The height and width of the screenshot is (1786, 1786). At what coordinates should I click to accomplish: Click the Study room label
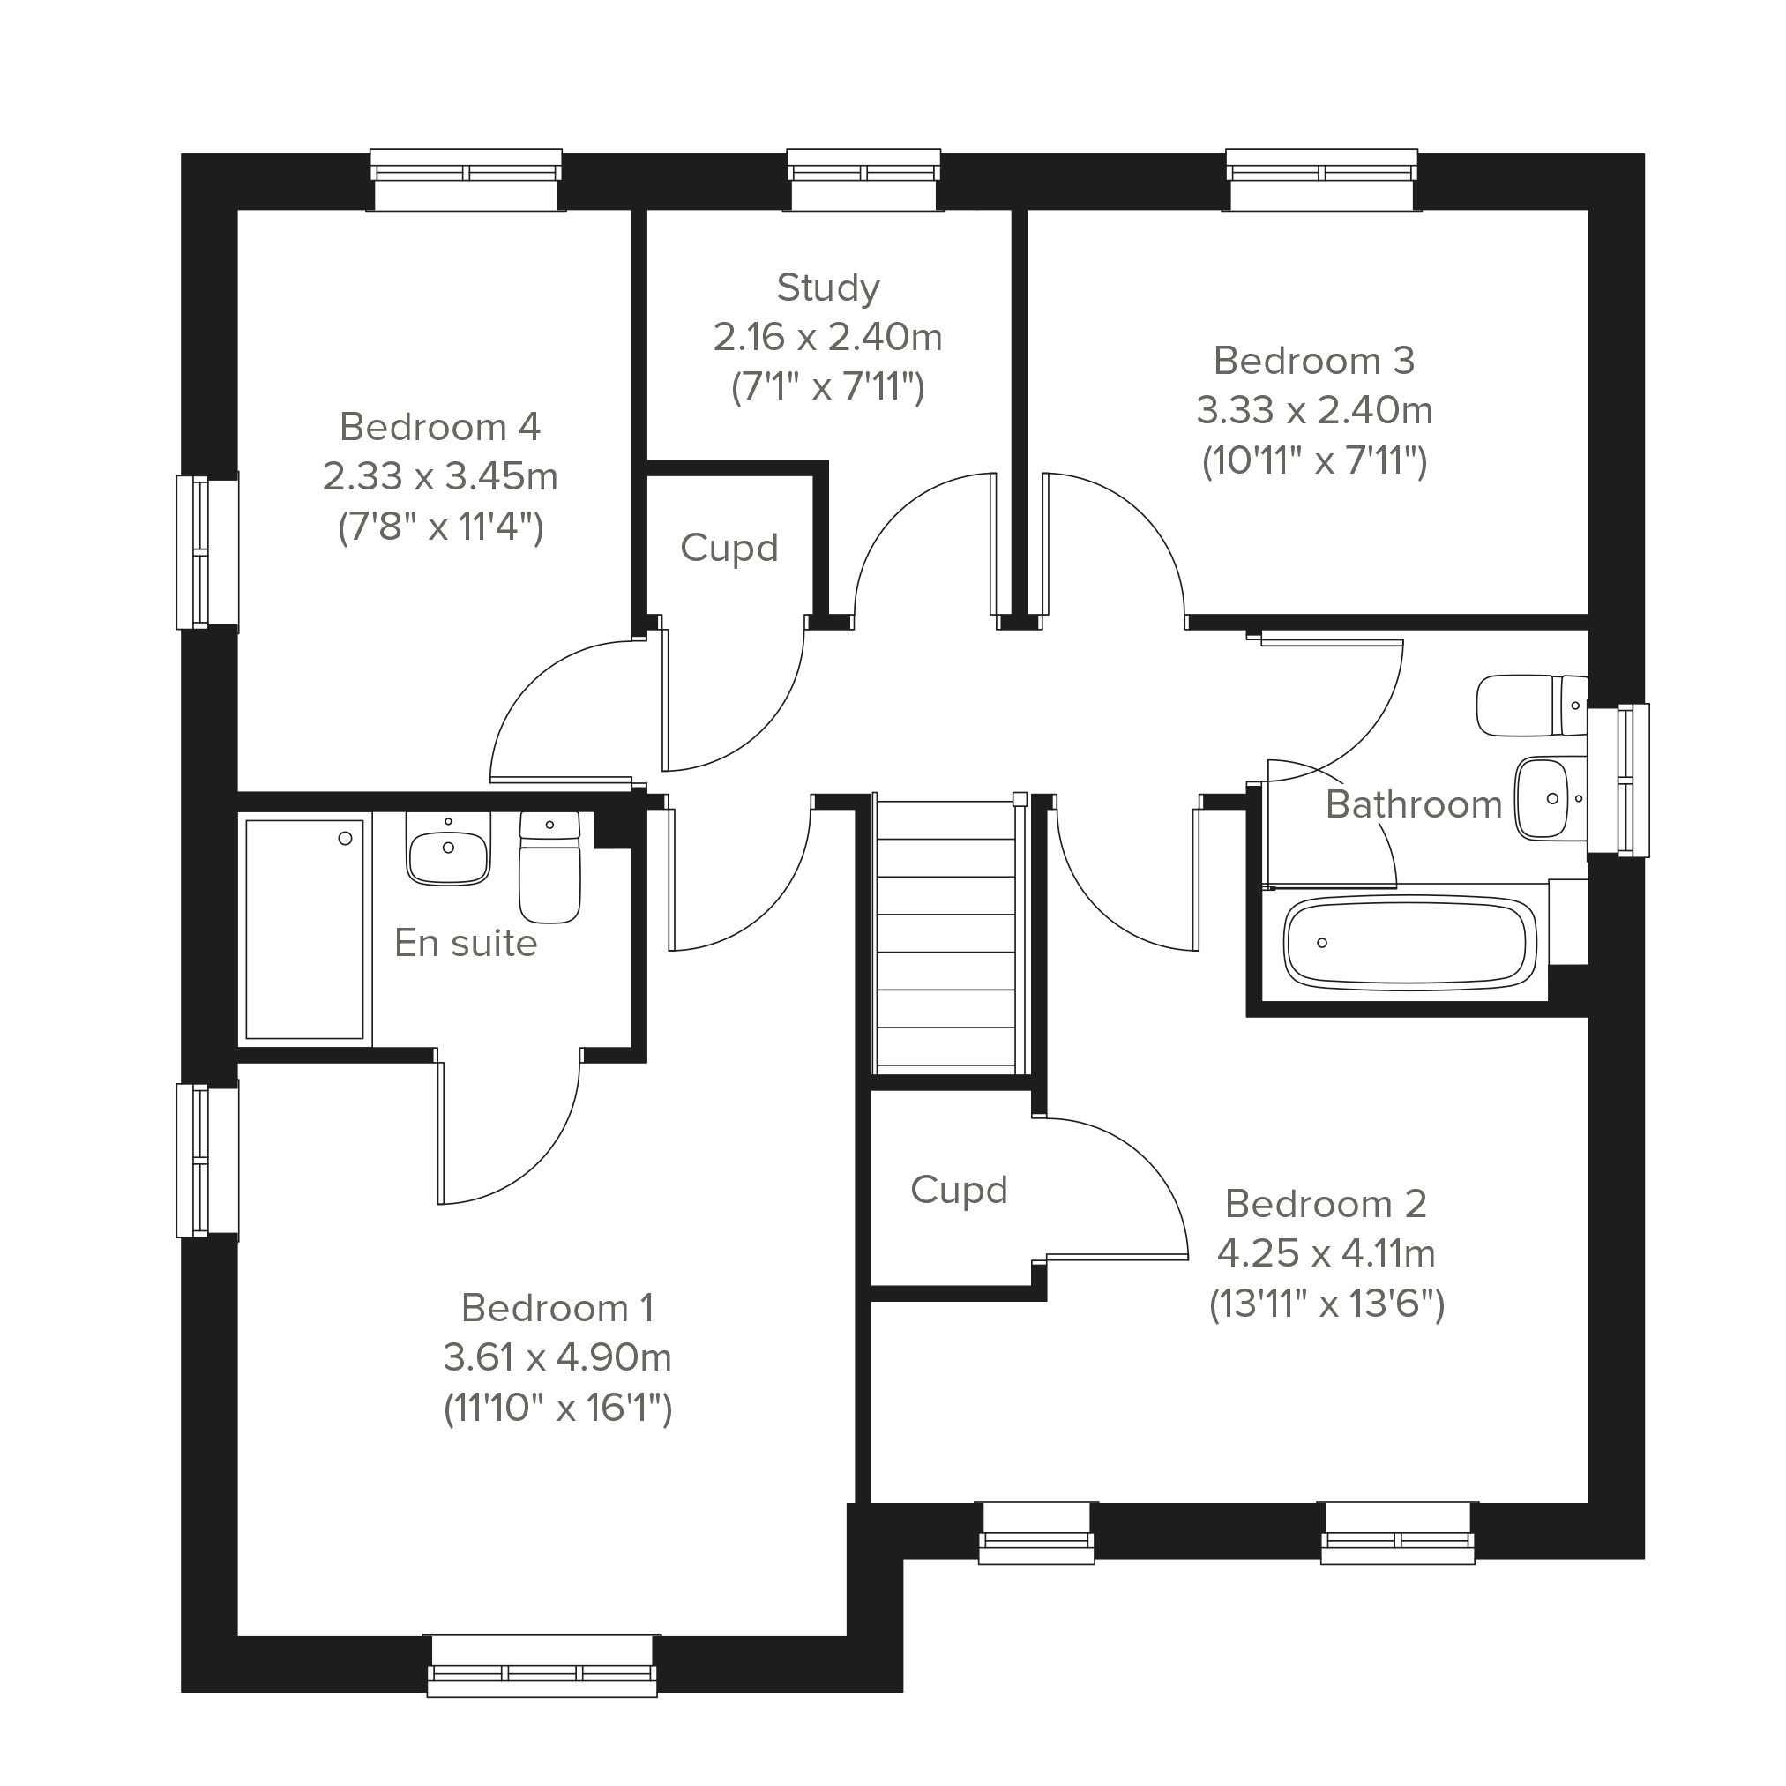(827, 288)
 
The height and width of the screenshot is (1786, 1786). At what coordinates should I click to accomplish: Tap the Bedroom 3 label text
(1313, 361)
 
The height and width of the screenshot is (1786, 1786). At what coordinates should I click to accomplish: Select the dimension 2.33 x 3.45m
(440, 477)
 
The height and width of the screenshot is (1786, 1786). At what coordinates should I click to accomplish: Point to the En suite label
(466, 943)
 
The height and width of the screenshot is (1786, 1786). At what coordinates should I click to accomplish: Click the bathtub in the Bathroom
(1410, 943)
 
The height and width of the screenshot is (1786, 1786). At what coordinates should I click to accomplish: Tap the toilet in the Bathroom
(1532, 706)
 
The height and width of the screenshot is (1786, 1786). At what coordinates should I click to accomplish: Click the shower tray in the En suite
(305, 929)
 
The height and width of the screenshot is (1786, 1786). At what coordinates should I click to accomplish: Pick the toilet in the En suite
(550, 867)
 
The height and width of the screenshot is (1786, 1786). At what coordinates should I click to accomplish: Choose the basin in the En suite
(447, 848)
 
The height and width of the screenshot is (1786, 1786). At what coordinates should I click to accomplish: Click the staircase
(946, 935)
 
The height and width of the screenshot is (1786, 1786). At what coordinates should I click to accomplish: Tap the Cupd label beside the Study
(729, 549)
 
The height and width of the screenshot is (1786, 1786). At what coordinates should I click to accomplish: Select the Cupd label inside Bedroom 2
(959, 1190)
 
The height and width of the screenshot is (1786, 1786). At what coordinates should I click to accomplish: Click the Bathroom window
(1618, 781)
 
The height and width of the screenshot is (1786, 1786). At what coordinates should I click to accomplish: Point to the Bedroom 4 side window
(208, 552)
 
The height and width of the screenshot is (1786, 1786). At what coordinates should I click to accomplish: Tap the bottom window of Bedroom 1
(542, 1666)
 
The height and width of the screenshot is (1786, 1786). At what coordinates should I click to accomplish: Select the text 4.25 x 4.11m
(1326, 1253)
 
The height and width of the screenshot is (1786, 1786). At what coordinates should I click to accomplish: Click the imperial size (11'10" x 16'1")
(557, 1409)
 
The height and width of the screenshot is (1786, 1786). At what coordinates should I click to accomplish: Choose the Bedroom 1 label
(557, 1308)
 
